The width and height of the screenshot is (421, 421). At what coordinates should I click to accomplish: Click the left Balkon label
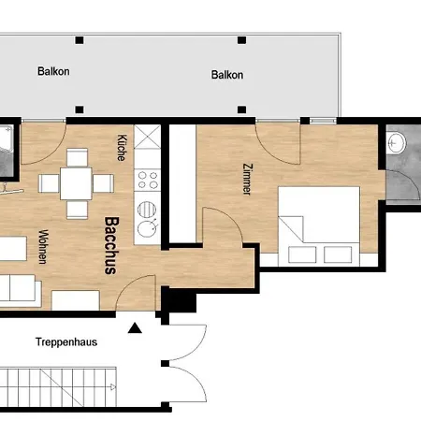coord(53,71)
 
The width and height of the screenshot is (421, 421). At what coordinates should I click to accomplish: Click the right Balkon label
coord(227,75)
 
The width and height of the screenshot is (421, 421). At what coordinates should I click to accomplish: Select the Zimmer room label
coord(246,178)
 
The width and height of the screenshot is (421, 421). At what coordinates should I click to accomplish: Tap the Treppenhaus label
coord(66,341)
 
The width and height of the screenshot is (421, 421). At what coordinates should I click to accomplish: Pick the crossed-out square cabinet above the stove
coord(146,138)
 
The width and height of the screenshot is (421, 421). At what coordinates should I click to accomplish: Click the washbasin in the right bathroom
coord(397,143)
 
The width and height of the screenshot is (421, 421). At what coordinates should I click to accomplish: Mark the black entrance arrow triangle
coord(137,328)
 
